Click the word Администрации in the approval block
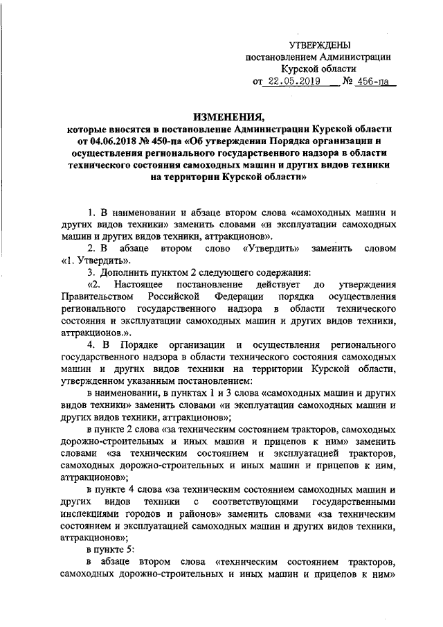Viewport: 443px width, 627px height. (x=357, y=58)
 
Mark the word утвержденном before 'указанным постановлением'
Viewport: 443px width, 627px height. (x=94, y=382)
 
